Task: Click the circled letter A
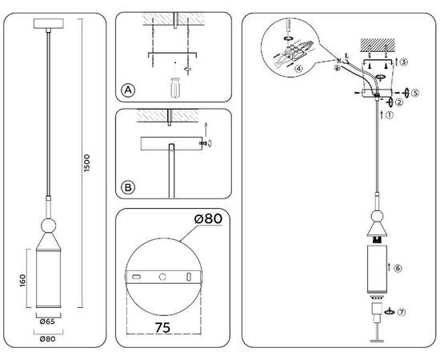click(127, 90)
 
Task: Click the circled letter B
click(127, 189)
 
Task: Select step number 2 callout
click(399, 102)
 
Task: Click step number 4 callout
click(298, 69)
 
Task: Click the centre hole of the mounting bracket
click(163, 277)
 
